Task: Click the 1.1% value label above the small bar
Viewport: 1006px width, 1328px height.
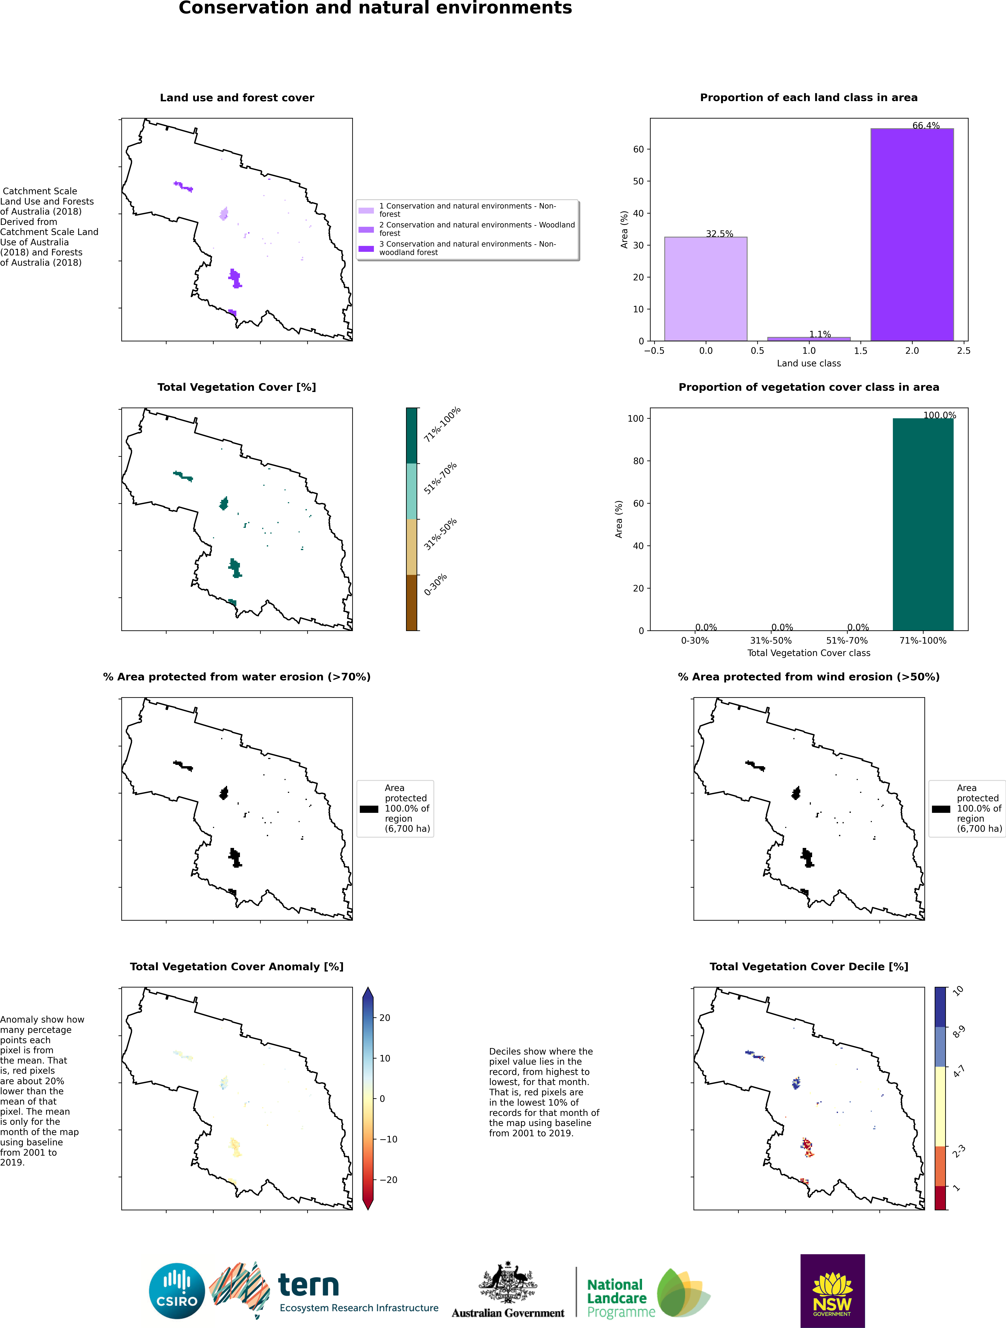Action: coord(820,334)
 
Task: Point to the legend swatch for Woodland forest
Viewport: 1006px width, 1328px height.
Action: coord(366,229)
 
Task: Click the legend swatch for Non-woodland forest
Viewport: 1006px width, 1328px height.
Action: coord(366,248)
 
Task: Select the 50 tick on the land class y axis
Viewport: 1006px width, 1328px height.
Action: coord(638,181)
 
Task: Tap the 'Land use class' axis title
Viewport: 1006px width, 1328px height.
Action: coord(808,363)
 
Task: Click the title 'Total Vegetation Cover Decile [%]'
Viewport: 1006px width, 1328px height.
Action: coord(808,967)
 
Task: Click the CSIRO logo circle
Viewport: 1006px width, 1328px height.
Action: coord(177,1291)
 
